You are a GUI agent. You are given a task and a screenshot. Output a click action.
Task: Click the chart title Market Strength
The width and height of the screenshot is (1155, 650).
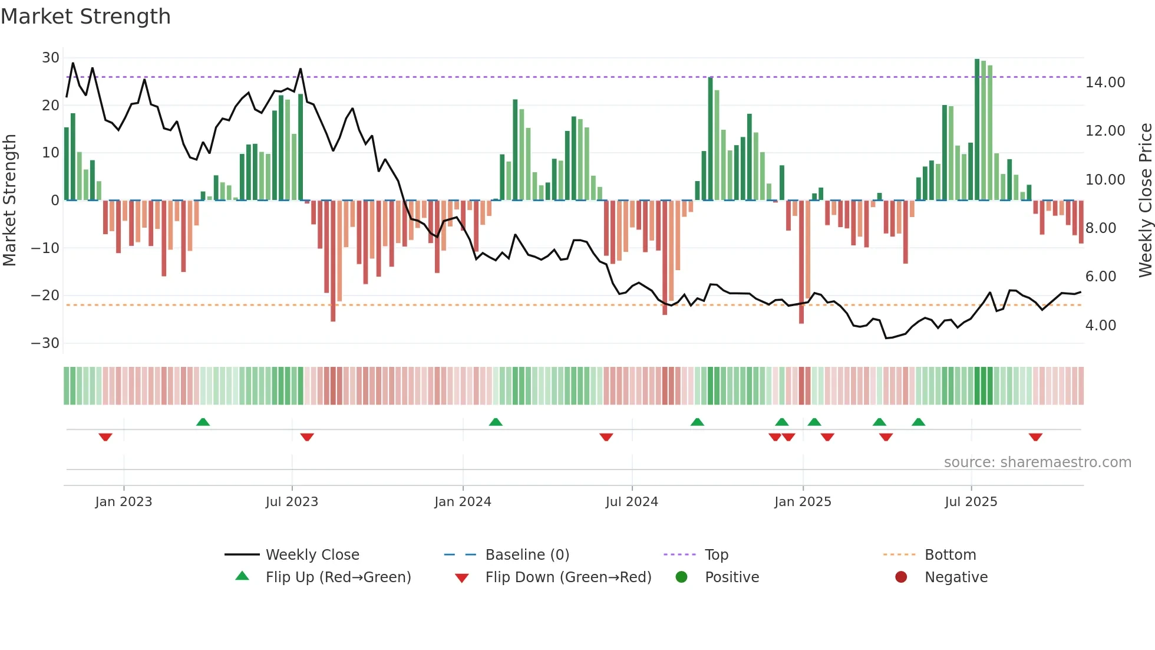point(85,17)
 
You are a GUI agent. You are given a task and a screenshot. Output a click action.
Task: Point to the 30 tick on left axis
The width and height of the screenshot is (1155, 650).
point(51,58)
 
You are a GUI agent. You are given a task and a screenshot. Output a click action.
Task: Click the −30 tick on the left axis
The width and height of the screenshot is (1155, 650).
point(45,343)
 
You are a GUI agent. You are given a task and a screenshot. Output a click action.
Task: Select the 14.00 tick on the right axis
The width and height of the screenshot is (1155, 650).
point(1105,83)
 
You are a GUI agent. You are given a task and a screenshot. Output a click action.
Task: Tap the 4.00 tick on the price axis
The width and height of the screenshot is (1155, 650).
point(1100,326)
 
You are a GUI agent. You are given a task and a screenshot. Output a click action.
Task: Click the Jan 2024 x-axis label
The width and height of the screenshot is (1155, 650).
point(463,502)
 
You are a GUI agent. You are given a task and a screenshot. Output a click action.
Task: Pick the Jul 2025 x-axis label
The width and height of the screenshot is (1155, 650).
point(971,502)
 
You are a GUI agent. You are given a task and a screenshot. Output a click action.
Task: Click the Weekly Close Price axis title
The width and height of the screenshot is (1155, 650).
point(1145,201)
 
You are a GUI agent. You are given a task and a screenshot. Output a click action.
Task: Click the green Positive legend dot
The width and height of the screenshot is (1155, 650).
point(681,577)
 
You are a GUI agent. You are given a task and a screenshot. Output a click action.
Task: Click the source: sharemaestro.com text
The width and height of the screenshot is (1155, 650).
point(1037,462)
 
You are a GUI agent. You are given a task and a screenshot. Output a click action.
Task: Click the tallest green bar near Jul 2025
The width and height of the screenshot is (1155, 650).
point(977,130)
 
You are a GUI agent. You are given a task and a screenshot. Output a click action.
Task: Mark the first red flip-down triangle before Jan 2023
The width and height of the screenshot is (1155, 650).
point(105,437)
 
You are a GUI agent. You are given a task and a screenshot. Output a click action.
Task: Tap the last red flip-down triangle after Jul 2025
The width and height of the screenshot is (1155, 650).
point(1035,437)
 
